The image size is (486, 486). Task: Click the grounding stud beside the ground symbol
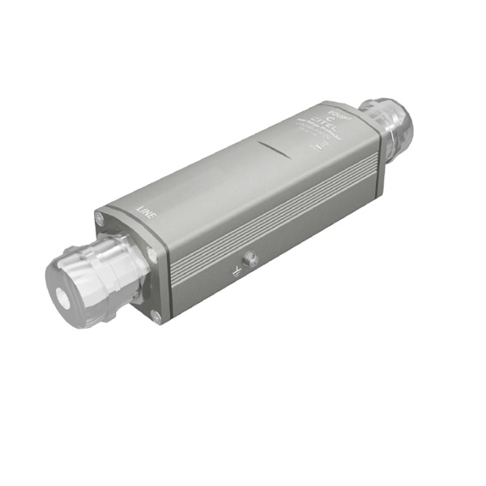coord(251,259)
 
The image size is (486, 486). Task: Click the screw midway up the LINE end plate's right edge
coord(151,254)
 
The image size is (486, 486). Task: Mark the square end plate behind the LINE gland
coord(130,267)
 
